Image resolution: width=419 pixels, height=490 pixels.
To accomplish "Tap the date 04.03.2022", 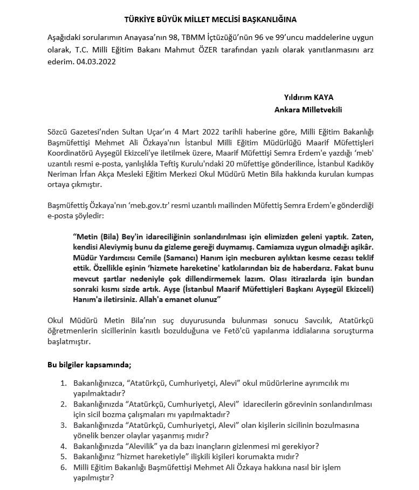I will pyautogui.click(x=97, y=62).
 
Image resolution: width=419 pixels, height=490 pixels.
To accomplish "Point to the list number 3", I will pyautogui.click(x=63, y=425).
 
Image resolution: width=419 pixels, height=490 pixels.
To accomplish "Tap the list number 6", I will pyautogui.click(x=63, y=467).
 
